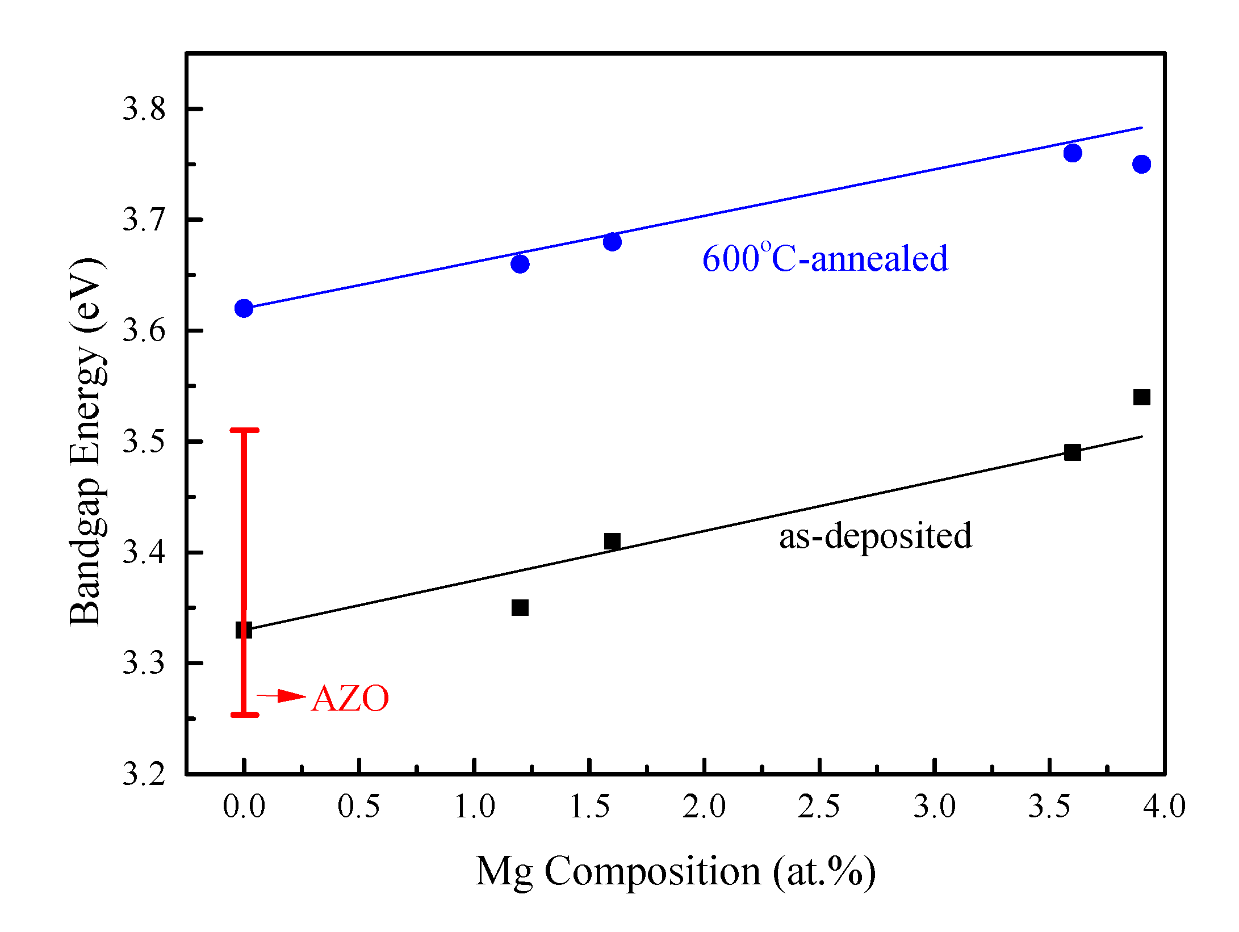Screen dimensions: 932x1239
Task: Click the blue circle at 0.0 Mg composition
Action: pyautogui.click(x=244, y=308)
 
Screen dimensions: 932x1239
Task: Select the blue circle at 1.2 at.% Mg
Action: pyautogui.click(x=520, y=264)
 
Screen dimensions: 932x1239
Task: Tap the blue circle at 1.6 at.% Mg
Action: pyautogui.click(x=612, y=242)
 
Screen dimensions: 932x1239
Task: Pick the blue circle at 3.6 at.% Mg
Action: pyautogui.click(x=1073, y=153)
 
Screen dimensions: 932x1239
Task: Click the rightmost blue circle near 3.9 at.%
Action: pyautogui.click(x=1141, y=164)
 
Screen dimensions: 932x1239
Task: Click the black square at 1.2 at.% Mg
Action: pyautogui.click(x=520, y=607)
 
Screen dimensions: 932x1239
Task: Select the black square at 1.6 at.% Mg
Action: pyautogui.click(x=612, y=541)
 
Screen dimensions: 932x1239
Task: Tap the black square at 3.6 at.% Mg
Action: pyautogui.click(x=1073, y=452)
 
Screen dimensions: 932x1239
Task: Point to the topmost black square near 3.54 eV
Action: pyautogui.click(x=1141, y=397)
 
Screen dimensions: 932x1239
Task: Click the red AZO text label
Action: pyautogui.click(x=350, y=698)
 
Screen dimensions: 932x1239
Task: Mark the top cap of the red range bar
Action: pyautogui.click(x=244, y=430)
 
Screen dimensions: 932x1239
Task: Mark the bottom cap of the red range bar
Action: pyautogui.click(x=244, y=715)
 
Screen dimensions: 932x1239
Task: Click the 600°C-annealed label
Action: pyautogui.click(x=825, y=258)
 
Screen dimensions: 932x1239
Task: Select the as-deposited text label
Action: pyautogui.click(x=875, y=535)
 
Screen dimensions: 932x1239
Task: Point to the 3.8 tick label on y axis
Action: pyautogui.click(x=144, y=108)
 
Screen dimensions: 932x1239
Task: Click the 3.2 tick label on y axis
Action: pyautogui.click(x=144, y=773)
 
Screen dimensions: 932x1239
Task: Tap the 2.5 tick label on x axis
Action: pyautogui.click(x=819, y=806)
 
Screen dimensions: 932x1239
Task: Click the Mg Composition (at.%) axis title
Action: pyautogui.click(x=676, y=872)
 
